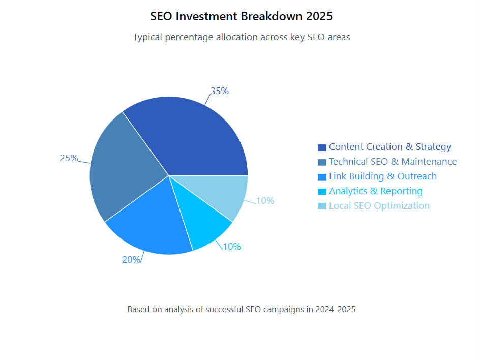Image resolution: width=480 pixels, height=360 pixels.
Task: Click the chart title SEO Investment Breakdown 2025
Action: tap(241, 16)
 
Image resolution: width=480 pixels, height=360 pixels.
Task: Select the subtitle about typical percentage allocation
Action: tap(241, 37)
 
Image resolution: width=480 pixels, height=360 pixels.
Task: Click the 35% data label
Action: tap(220, 91)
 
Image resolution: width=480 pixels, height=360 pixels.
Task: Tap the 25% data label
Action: tap(69, 158)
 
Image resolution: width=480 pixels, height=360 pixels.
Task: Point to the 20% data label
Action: tap(131, 259)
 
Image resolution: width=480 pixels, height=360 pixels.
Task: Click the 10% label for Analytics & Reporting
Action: tap(232, 247)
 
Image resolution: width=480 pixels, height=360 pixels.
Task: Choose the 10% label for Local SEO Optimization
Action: tap(265, 201)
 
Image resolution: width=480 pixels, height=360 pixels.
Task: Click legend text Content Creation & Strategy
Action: tap(389, 147)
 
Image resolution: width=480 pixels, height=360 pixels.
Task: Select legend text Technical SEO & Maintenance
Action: tap(393, 162)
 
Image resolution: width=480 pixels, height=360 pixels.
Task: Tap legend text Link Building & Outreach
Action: tap(382, 176)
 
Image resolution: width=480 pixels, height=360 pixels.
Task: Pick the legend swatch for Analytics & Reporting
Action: tap(322, 192)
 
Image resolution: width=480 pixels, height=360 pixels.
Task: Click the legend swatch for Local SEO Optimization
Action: tap(322, 206)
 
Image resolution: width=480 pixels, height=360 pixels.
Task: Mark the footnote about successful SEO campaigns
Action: tap(241, 309)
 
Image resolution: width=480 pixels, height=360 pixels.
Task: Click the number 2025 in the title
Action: tap(319, 16)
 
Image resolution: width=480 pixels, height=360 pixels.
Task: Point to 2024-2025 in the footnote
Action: tap(335, 309)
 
